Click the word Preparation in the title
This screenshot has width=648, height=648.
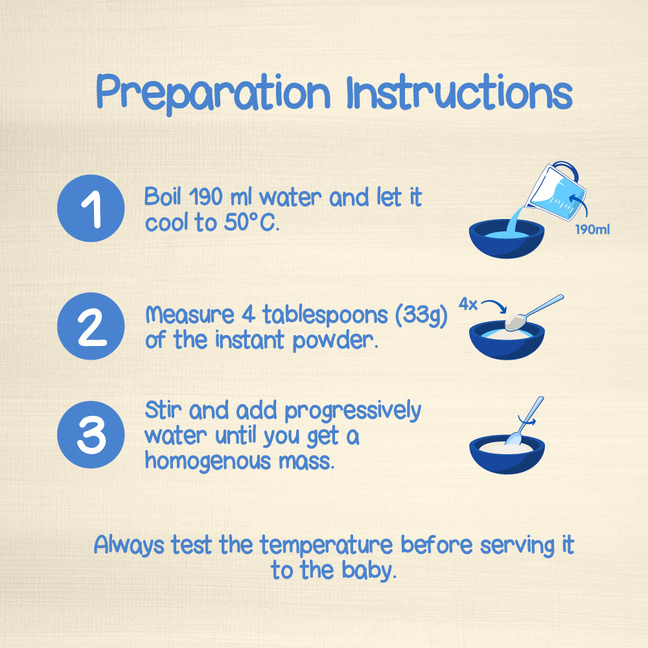tap(213, 93)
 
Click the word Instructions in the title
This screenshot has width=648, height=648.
tap(459, 92)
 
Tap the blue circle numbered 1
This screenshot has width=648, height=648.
tap(91, 208)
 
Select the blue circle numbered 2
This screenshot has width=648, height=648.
tap(91, 326)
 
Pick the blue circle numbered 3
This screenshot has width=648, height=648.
tap(91, 435)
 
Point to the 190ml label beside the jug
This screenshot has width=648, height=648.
tap(592, 230)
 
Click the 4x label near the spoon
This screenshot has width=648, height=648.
tap(468, 305)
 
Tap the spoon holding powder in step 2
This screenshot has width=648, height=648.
tap(533, 312)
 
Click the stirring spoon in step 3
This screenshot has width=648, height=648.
tap(525, 422)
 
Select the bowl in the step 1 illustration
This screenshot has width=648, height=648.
tap(507, 239)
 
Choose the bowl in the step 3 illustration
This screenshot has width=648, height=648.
tap(507, 454)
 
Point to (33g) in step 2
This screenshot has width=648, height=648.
tap(421, 316)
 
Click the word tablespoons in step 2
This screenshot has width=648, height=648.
tap(325, 316)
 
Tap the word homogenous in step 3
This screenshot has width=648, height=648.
tap(208, 461)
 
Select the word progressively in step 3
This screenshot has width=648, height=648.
tap(353, 411)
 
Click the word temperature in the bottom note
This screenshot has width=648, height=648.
tap(326, 546)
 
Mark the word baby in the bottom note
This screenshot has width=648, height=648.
tap(369, 571)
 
